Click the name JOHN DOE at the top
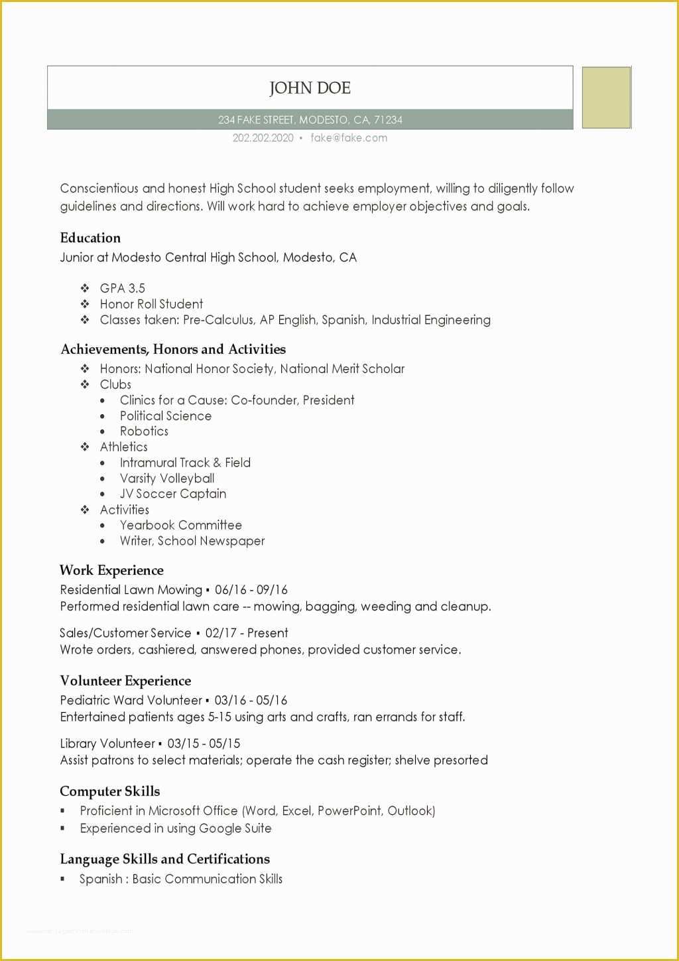point(310,88)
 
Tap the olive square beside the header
point(606,98)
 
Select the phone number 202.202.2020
point(263,138)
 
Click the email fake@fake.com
point(349,138)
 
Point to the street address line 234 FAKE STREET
point(310,120)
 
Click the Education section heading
point(90,238)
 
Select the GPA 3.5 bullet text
point(122,288)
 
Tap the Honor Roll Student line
point(151,304)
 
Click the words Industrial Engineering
point(431,320)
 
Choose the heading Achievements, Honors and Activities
point(173,349)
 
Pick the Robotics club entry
point(144,431)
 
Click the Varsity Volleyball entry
point(167,479)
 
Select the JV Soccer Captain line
point(173,494)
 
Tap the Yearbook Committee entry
point(180,525)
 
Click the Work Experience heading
point(111,570)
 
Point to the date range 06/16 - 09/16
point(251,589)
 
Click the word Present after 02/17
point(268,633)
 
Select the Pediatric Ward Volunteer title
point(131,700)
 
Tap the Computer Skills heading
point(110,791)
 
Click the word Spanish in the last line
point(101,879)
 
